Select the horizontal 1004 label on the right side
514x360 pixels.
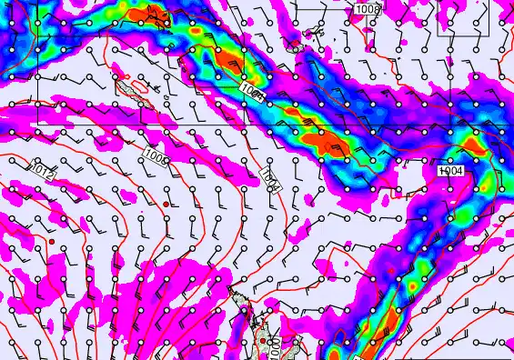coord(451,170)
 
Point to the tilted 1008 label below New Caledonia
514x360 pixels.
coord(156,156)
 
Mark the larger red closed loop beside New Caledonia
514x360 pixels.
coord(139,88)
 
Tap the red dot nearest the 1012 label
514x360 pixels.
coord(53,241)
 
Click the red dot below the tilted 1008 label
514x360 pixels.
coord(164,192)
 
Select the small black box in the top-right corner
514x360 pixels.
coord(457,17)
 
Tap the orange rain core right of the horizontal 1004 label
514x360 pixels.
coord(474,144)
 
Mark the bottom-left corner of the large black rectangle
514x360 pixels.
coord(37,123)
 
